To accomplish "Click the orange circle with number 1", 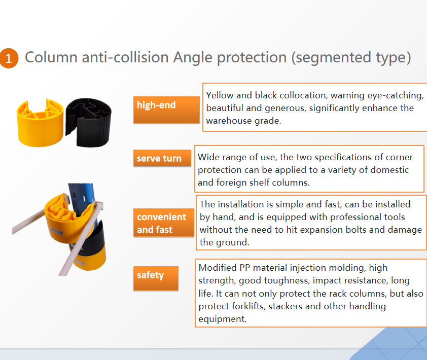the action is pyautogui.click(x=9, y=58).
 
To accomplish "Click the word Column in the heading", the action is pyautogui.click(x=51, y=57).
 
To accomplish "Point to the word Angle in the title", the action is pyautogui.click(x=193, y=58).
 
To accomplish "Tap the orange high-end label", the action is pyautogui.click(x=166, y=110).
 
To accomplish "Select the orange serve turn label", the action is pyautogui.click(x=162, y=158).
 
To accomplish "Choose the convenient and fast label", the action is pyautogui.click(x=164, y=223).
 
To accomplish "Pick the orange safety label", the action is pyautogui.click(x=156, y=278).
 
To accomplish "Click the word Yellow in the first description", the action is pyautogui.click(x=220, y=96).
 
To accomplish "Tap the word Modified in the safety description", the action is pyautogui.click(x=218, y=268).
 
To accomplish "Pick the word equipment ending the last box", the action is pyautogui.click(x=223, y=319).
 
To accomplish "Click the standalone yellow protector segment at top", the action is pyautogui.click(x=40, y=123).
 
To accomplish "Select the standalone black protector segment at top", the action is pyautogui.click(x=88, y=123).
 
